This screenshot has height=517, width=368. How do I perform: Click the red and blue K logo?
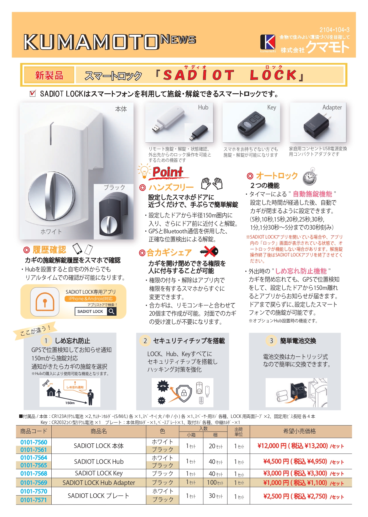click(x=268, y=42)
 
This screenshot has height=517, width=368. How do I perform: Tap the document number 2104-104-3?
click(x=334, y=30)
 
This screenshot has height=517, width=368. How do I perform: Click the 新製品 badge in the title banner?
click(x=49, y=75)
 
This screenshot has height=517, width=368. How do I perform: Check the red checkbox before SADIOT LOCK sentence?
click(x=33, y=93)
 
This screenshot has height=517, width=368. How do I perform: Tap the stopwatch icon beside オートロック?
click(x=309, y=176)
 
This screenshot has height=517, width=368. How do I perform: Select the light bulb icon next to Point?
click(x=144, y=171)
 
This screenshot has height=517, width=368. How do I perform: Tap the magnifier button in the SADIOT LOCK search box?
click(x=112, y=311)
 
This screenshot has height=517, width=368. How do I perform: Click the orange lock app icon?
click(x=45, y=302)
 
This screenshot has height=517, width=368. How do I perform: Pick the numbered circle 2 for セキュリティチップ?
click(x=145, y=341)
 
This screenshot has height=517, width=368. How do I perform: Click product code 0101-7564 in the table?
click(x=34, y=458)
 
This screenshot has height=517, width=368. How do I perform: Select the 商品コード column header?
click(x=34, y=431)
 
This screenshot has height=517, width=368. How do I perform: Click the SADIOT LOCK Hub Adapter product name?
click(x=99, y=483)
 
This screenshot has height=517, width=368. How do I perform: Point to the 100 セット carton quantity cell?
click(x=215, y=483)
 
